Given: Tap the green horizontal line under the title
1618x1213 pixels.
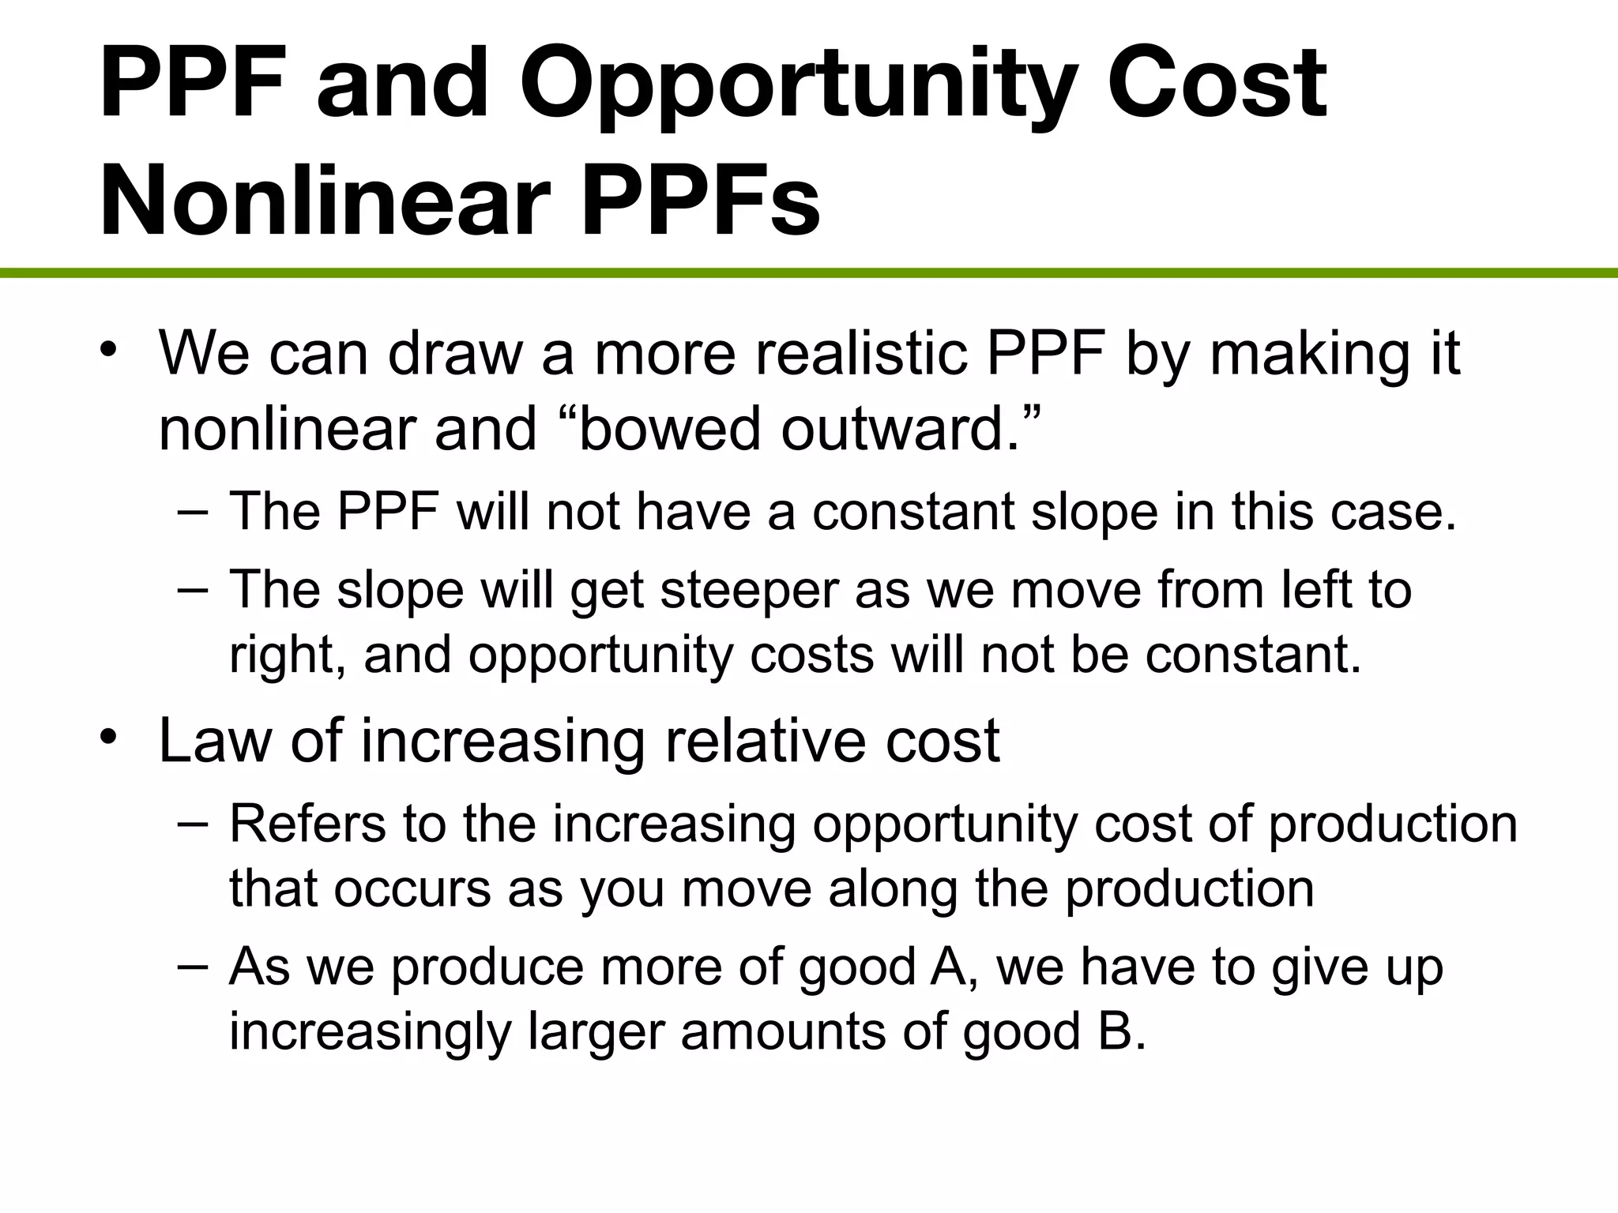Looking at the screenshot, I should pyautogui.click(x=809, y=273).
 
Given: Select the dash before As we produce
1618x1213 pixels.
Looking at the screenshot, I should pyautogui.click(x=194, y=965).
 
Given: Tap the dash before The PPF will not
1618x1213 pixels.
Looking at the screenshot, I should pyautogui.click(x=194, y=511).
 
